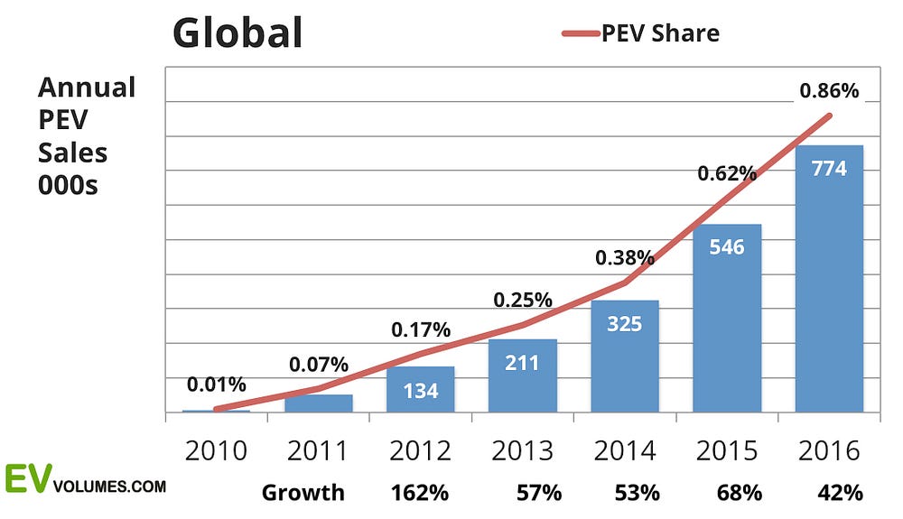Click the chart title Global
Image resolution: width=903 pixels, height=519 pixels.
point(237,32)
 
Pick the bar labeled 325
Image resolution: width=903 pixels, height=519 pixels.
point(625,356)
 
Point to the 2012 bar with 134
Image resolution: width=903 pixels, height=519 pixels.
point(421,389)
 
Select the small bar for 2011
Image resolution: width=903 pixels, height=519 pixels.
point(319,403)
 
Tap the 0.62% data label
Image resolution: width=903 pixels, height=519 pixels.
point(726,173)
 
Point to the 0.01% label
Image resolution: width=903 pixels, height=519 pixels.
point(216,384)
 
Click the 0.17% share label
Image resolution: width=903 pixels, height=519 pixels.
point(421,330)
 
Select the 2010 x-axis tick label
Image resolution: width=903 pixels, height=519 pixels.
point(216,450)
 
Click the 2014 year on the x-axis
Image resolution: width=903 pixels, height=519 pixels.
point(624,450)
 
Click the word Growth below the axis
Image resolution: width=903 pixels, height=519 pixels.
point(303,493)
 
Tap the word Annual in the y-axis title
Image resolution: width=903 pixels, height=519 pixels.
point(87,88)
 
